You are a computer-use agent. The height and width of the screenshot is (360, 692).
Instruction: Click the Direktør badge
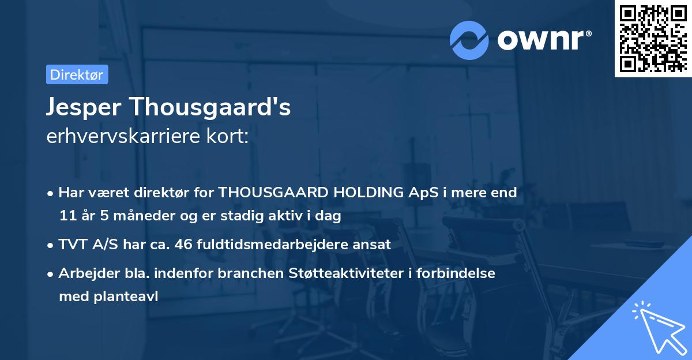pos(77,74)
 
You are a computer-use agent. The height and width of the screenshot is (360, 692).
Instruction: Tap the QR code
pos(653,39)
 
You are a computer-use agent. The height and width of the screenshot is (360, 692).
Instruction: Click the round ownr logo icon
pos(469,40)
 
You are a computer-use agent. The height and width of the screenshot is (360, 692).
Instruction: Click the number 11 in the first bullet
pos(67,216)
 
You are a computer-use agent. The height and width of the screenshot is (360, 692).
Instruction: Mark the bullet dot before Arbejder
pos(51,273)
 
